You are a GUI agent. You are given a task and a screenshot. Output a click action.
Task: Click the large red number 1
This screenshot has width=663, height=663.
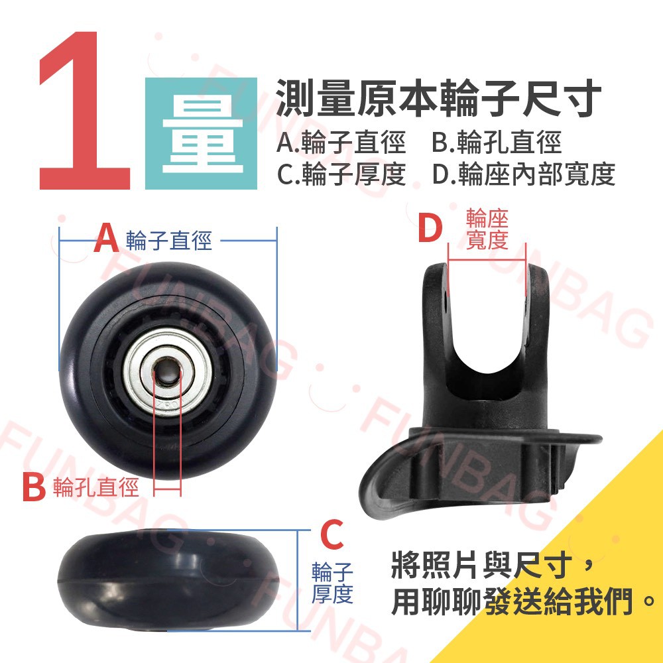click(85, 110)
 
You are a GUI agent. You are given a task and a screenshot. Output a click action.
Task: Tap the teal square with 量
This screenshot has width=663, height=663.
click(202, 134)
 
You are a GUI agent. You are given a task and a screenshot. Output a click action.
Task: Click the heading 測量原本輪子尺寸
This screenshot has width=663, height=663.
click(438, 98)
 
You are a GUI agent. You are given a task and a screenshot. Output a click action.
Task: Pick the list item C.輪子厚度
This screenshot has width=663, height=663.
click(341, 174)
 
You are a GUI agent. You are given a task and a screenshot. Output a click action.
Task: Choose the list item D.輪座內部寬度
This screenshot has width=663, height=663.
click(524, 174)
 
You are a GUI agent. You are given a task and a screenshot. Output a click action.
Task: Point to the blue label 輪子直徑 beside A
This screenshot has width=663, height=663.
click(168, 241)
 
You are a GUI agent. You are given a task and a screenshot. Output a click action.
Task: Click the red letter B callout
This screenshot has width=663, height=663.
click(34, 487)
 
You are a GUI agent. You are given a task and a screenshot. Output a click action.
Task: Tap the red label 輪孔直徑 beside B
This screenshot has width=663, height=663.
click(96, 487)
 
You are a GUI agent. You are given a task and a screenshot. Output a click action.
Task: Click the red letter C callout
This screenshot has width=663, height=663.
click(332, 535)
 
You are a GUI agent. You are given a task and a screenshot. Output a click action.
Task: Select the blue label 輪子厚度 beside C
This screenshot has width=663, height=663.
click(332, 582)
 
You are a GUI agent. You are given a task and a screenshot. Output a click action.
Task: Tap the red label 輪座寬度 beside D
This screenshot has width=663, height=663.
click(487, 229)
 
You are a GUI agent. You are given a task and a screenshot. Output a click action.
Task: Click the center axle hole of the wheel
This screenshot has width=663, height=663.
click(166, 371)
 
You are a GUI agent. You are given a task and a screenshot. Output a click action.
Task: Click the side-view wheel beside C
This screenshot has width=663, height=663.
click(169, 580)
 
